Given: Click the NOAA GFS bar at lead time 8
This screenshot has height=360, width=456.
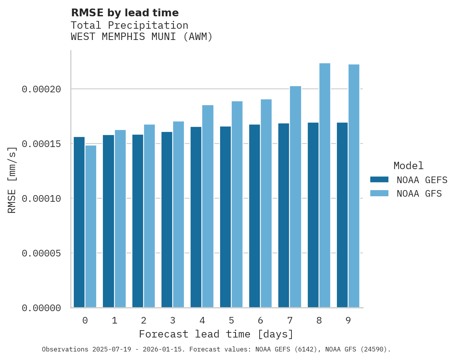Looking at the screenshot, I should click(324, 185).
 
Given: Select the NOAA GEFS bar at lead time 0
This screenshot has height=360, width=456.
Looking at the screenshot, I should click(79, 222).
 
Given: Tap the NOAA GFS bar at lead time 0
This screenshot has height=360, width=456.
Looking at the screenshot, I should click(91, 227).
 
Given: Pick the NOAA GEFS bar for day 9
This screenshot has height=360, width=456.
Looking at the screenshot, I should click(342, 215).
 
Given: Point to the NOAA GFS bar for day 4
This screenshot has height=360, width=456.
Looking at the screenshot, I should click(208, 206).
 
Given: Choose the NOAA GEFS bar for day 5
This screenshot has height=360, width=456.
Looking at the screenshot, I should click(225, 217).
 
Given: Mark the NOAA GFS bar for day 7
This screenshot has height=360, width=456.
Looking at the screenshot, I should click(295, 197).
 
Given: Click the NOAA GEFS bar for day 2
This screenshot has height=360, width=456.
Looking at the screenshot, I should click(138, 221).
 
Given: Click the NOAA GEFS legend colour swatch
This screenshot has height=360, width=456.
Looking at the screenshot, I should click(379, 179).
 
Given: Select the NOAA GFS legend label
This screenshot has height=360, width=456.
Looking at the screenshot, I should click(419, 194).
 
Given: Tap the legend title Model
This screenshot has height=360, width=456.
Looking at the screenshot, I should click(408, 166).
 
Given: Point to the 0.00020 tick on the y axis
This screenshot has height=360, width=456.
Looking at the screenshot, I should click(42, 90).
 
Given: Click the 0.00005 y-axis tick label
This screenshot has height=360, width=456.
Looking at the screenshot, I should click(42, 253).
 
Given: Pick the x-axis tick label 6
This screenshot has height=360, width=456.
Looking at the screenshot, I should click(260, 321).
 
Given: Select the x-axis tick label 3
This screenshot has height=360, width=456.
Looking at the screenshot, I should click(173, 321).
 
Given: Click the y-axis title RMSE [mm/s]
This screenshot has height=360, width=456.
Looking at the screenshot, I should click(12, 180).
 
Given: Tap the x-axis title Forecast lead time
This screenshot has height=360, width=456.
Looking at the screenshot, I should click(216, 334).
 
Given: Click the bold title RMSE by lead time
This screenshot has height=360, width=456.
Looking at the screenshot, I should click(125, 13).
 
